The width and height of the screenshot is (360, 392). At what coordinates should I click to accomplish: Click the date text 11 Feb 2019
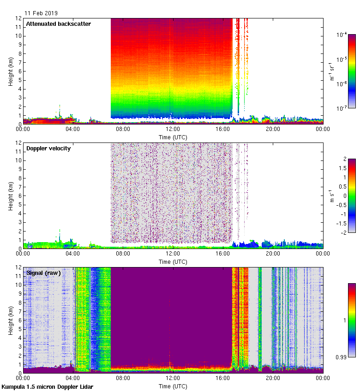click(x=41, y=13)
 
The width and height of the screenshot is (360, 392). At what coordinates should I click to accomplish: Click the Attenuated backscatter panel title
click(x=59, y=24)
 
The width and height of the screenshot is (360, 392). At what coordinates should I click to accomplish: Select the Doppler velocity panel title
click(x=48, y=148)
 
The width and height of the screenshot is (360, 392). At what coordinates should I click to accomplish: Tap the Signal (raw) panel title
click(x=43, y=273)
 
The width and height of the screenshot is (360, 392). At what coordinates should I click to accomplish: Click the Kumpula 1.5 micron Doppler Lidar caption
click(x=48, y=387)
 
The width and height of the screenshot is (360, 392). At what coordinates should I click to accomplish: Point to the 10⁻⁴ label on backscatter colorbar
click(x=342, y=35)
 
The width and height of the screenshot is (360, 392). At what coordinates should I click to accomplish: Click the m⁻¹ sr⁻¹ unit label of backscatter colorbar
click(x=331, y=71)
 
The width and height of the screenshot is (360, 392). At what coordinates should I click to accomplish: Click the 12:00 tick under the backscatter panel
click(x=173, y=130)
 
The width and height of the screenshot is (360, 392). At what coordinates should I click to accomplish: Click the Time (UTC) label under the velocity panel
click(x=173, y=262)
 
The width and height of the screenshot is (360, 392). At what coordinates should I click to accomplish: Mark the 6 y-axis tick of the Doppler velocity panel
click(x=19, y=196)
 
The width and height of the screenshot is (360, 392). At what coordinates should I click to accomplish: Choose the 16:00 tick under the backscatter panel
click(x=223, y=130)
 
